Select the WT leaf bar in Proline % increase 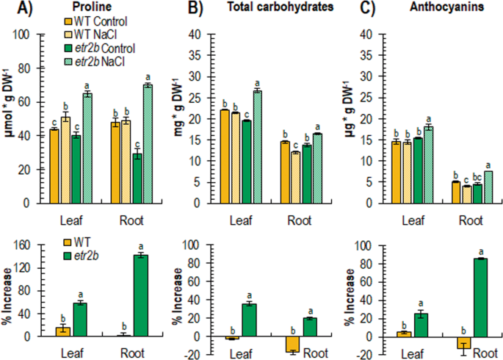tap(63, 331)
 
